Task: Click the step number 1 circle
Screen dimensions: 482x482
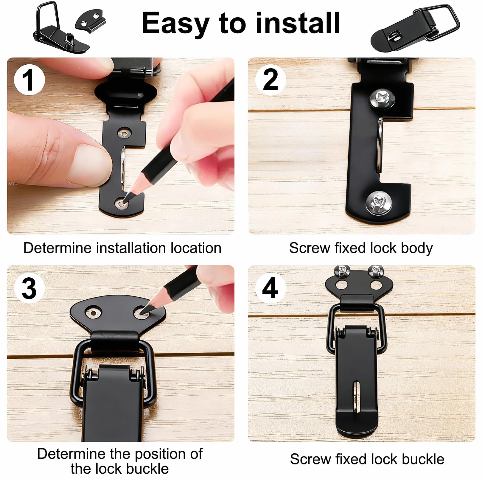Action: pyautogui.click(x=29, y=80)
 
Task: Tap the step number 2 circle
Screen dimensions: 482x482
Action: pyautogui.click(x=270, y=80)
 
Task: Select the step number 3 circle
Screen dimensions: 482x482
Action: pyautogui.click(x=29, y=288)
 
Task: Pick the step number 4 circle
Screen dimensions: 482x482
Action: pyautogui.click(x=270, y=288)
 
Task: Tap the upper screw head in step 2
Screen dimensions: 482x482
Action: pyautogui.click(x=382, y=98)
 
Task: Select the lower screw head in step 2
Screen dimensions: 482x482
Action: pyautogui.click(x=379, y=203)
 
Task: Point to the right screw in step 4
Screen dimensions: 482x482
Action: pyautogui.click(x=376, y=270)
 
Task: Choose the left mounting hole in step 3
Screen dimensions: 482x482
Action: pyautogui.click(x=94, y=313)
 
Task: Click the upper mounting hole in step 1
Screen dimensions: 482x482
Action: pyautogui.click(x=124, y=133)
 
